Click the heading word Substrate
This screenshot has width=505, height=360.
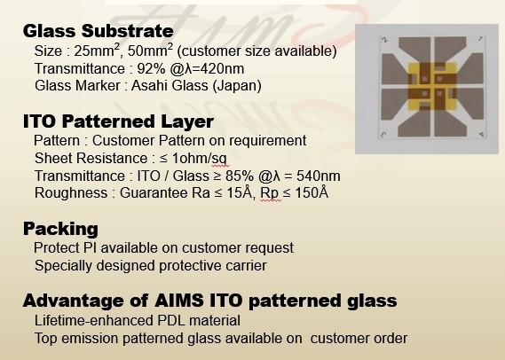128,31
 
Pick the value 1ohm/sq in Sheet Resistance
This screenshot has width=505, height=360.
199,159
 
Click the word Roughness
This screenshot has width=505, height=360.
71,193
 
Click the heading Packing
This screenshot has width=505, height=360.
60,229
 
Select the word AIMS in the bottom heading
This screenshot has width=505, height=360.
178,301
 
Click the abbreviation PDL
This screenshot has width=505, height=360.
171,320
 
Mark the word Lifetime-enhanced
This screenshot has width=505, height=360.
94,320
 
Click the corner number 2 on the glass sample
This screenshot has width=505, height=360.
384,40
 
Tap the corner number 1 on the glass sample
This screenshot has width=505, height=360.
480,39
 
